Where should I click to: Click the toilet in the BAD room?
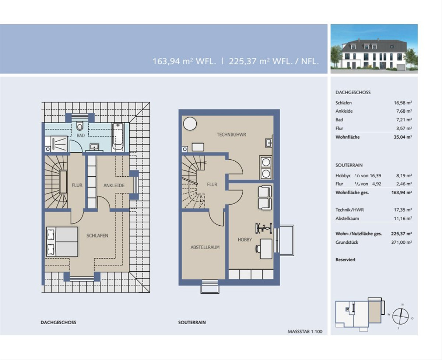point(80,126)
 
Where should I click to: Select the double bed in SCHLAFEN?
point(62,241)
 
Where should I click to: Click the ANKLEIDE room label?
point(114,186)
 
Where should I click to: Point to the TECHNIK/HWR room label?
point(231,135)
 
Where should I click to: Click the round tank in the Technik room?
point(190,124)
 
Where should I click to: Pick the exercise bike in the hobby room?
point(264,229)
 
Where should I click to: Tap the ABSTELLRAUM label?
point(205,247)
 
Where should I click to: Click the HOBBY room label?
point(245,240)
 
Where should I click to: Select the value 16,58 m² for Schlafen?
point(403,103)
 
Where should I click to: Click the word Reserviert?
point(345,260)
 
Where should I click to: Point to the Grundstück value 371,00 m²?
point(401,242)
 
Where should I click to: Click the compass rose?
point(400,317)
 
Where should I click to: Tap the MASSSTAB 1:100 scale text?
point(305,332)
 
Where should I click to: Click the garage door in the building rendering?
point(400,67)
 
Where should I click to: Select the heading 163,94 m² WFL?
point(184,61)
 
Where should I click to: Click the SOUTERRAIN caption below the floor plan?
point(192,322)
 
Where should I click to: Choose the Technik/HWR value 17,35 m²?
point(403,210)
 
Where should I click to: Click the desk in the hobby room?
point(266,248)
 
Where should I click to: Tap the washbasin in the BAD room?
point(95,147)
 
